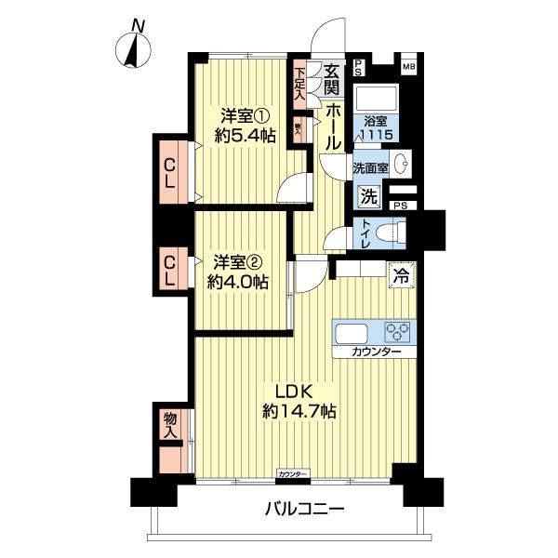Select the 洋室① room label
(245, 117)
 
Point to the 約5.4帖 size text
(245, 136)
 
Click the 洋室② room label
(238, 260)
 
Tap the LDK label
(290, 391)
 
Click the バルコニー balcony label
(304, 510)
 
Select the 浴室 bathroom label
(377, 121)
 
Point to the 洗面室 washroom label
(370, 168)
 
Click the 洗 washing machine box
(368, 196)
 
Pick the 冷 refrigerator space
(401, 275)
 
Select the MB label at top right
(408, 66)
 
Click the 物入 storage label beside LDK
(170, 426)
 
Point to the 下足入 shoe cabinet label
(300, 83)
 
